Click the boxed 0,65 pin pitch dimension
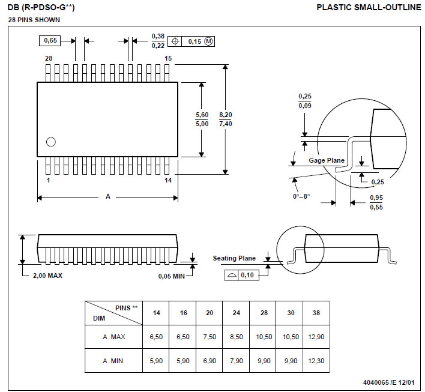coord(50,41)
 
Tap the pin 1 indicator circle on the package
coord(51,142)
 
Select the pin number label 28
coord(49,58)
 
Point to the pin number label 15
coord(168,58)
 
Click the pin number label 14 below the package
coord(168,180)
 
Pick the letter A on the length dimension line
coord(108,196)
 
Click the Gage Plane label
coord(327,160)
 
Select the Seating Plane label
coord(234,258)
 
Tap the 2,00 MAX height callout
coord(47,276)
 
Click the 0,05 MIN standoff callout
coord(171,276)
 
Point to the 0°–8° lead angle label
coord(301,196)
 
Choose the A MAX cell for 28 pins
coord(264,337)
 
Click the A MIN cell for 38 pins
coord(316,361)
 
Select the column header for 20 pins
coord(209,313)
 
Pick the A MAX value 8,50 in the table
coord(237,337)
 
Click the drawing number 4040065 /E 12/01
coord(388,382)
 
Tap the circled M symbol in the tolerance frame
coord(208,41)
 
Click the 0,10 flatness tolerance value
coord(247,275)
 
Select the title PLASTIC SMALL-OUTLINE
coord(369,7)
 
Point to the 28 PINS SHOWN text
coord(34,20)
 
